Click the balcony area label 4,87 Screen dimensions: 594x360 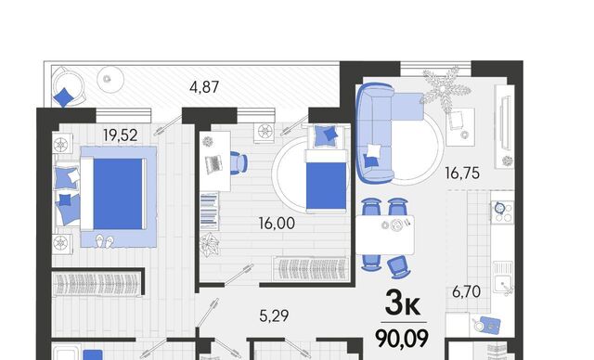[x=204, y=87]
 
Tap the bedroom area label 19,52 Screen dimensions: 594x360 [x=121, y=135]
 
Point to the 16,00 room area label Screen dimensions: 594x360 [x=277, y=224]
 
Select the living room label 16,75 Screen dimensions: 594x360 [x=462, y=174]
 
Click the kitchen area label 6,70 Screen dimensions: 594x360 [x=467, y=292]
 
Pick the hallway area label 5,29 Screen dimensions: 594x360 [x=274, y=315]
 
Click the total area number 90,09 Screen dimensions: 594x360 [x=402, y=338]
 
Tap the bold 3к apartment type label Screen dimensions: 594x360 [x=402, y=304]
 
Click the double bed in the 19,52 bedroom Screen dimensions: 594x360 [x=113, y=194]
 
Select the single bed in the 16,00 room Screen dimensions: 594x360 [x=326, y=180]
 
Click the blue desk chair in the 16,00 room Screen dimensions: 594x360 [x=239, y=162]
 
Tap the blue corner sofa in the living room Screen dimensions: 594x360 [x=382, y=131]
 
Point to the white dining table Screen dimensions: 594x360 [x=385, y=235]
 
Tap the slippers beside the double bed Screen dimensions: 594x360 [x=104, y=240]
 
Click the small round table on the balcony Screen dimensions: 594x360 [x=110, y=80]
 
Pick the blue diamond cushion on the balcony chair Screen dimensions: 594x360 [x=63, y=97]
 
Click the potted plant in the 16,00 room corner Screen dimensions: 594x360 [x=210, y=245]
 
